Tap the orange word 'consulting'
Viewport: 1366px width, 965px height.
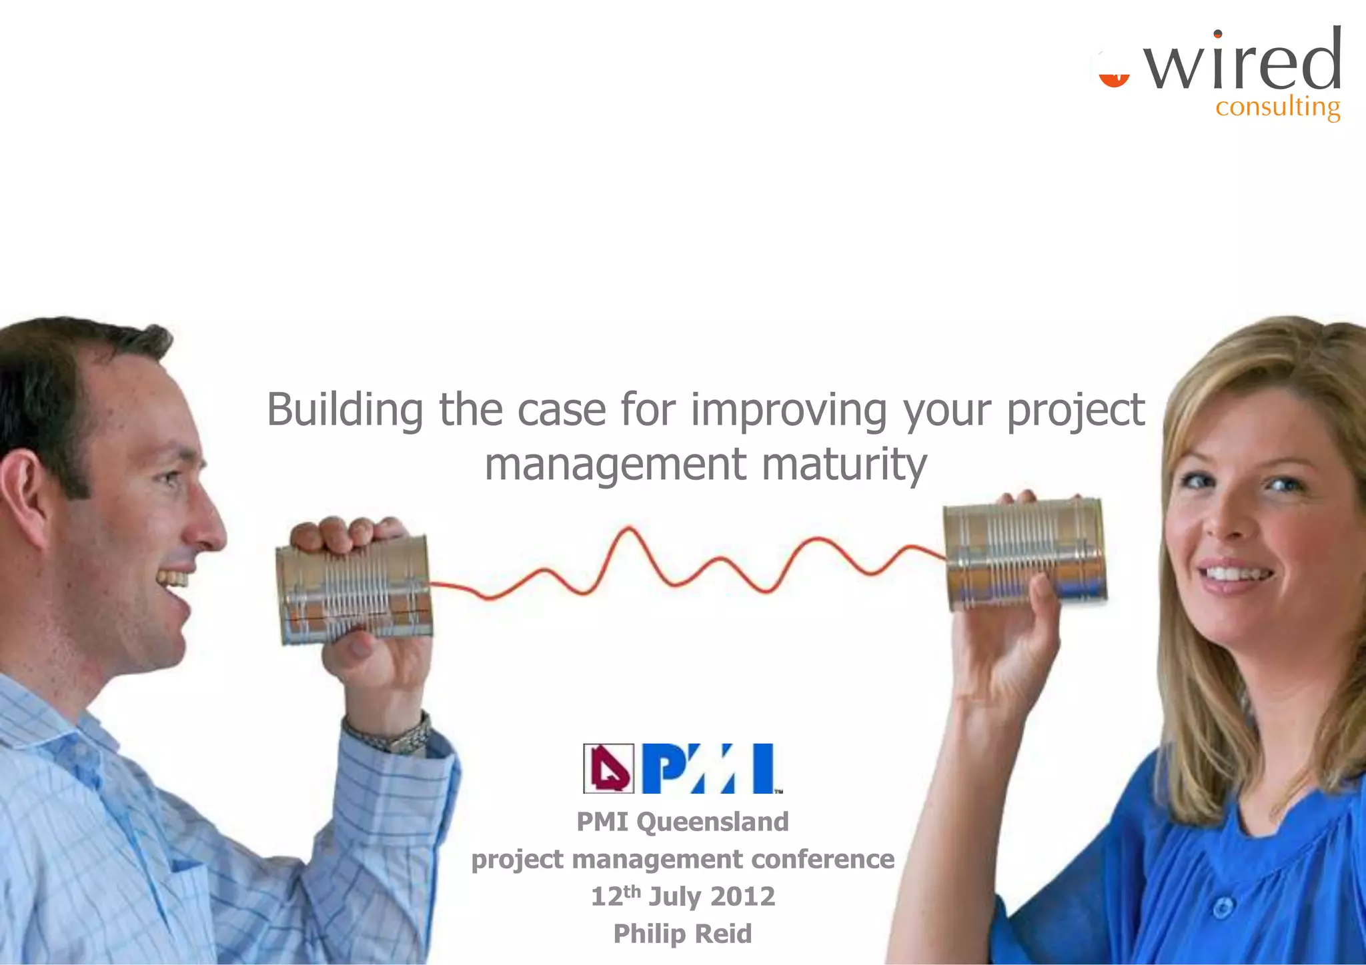pyautogui.click(x=1277, y=107)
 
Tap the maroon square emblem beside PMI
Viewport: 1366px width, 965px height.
pyautogui.click(x=608, y=768)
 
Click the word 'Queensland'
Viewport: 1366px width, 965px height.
pyautogui.click(x=712, y=822)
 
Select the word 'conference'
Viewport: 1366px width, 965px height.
pyautogui.click(x=822, y=859)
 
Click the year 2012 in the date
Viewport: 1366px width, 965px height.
pyautogui.click(x=742, y=896)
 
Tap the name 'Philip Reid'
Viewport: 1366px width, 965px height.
pyautogui.click(x=682, y=934)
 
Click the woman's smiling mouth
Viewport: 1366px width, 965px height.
pyautogui.click(x=1235, y=574)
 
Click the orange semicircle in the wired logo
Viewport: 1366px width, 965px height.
pyautogui.click(x=1114, y=79)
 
